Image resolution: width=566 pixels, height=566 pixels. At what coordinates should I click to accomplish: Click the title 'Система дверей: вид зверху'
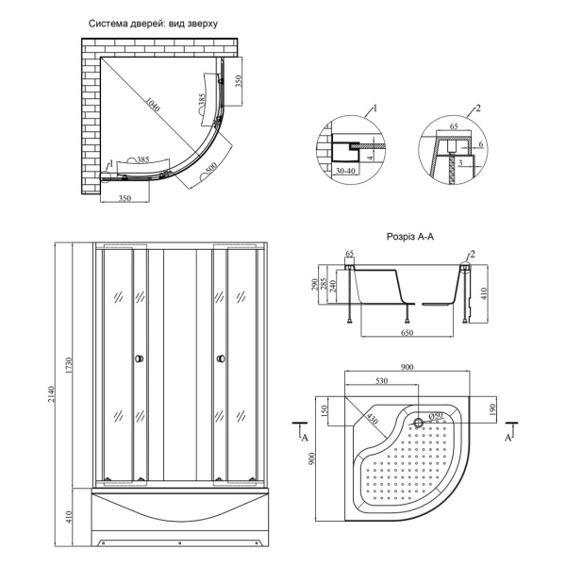[154, 24]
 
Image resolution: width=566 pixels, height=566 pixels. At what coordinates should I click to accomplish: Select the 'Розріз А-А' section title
[410, 237]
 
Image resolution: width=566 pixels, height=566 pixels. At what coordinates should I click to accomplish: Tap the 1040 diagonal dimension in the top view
[153, 105]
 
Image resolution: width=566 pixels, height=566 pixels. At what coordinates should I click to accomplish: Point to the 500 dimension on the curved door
[212, 168]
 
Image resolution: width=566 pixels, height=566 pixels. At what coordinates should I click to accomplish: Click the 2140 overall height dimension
[51, 393]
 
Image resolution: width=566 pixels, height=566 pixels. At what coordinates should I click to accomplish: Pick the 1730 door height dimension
[69, 366]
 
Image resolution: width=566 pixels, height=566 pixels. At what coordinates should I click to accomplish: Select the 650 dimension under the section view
[407, 332]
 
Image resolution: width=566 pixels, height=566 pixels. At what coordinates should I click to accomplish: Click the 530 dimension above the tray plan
[381, 380]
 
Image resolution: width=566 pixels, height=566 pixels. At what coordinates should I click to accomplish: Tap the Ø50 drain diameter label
[436, 415]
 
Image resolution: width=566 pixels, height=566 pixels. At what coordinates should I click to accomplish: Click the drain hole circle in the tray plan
[418, 423]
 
